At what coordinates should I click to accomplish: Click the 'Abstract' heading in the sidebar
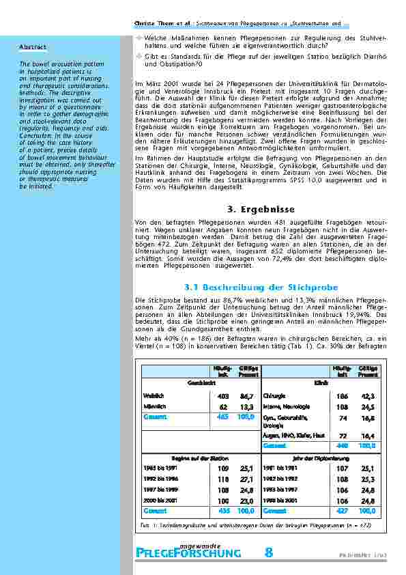click(x=33, y=46)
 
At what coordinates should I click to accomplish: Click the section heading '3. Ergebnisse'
click(x=259, y=208)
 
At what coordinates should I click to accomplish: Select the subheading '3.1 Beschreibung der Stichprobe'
click(x=258, y=287)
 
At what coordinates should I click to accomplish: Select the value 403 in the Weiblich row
click(x=222, y=395)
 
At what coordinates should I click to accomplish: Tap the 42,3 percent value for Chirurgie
click(x=368, y=395)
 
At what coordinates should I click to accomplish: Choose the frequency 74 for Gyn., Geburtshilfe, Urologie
click(x=343, y=419)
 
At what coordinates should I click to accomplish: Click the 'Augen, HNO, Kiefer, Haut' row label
click(x=289, y=434)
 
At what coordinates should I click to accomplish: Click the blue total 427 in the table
click(x=342, y=509)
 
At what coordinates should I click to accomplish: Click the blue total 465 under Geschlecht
click(x=222, y=416)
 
